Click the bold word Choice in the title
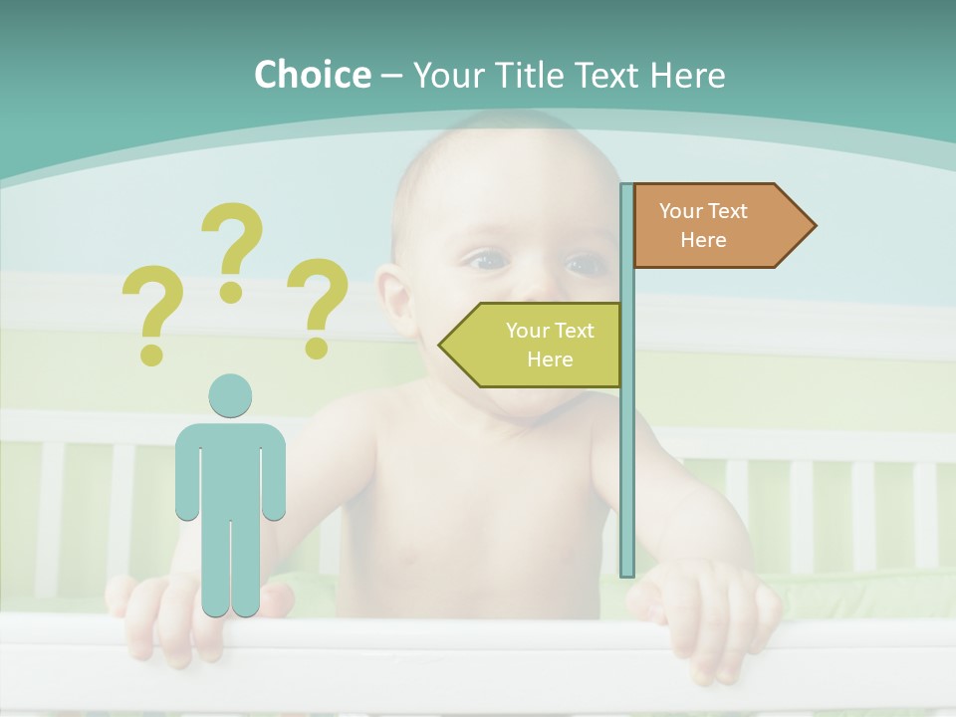312,75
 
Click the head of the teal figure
230,395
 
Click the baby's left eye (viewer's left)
488,261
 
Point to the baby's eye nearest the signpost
586,265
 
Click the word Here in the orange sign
703,240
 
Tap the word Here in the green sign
550,359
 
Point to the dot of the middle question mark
232,292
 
